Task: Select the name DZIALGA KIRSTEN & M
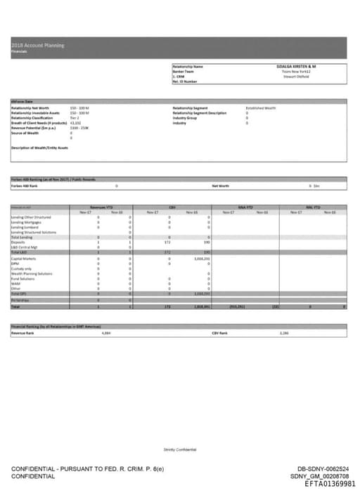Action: (x=297, y=66)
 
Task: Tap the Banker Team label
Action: (x=184, y=71)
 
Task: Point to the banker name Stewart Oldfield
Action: (x=297, y=76)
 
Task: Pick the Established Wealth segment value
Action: (x=261, y=108)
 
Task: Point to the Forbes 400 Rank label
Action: (x=25, y=185)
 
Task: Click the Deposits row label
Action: (x=18, y=242)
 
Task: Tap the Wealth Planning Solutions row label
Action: (x=32, y=273)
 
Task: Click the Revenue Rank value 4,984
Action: (x=106, y=333)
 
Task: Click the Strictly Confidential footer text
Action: (x=181, y=450)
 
